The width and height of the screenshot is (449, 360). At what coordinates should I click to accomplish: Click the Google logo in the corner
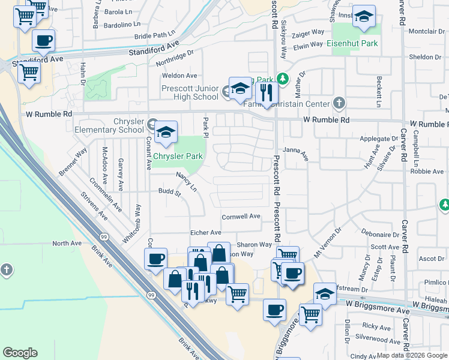pyautogui.click(x=20, y=353)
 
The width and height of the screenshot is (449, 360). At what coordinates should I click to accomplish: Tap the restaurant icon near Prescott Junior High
pyautogui.click(x=265, y=92)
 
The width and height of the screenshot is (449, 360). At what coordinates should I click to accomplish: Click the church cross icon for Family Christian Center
pyautogui.click(x=340, y=103)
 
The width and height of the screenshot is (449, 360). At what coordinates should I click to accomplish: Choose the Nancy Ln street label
pyautogui.click(x=186, y=182)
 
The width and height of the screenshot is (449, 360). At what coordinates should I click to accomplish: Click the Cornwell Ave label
pyautogui.click(x=241, y=217)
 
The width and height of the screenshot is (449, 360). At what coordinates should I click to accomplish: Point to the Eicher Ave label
pyautogui.click(x=205, y=233)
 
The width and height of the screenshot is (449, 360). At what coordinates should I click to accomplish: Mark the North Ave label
pyautogui.click(x=66, y=243)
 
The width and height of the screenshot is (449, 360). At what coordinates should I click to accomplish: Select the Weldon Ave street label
pyautogui.click(x=179, y=76)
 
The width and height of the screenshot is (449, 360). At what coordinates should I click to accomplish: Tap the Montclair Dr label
pyautogui.click(x=426, y=31)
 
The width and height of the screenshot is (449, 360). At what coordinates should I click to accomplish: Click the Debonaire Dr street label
pyautogui.click(x=381, y=235)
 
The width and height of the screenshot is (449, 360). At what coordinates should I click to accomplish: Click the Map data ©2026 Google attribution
pyautogui.click(x=412, y=355)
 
